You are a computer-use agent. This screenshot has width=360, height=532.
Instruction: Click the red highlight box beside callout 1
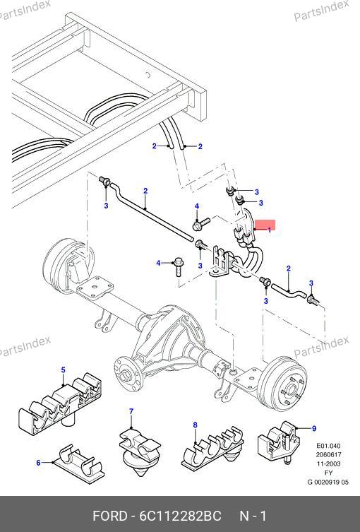[x=265, y=225]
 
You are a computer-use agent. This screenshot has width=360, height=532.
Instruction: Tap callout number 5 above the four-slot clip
[x=64, y=370]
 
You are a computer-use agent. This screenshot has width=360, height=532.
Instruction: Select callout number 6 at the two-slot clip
[x=38, y=463]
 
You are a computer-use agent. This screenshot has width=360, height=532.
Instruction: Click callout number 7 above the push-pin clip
[x=131, y=412]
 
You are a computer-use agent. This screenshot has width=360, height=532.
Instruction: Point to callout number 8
[x=195, y=425]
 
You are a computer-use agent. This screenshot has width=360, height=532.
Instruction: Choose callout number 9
[x=314, y=429]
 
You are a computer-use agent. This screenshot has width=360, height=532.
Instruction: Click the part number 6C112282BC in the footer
[x=180, y=516]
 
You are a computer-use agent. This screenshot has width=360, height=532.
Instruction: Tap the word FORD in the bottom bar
[x=109, y=516]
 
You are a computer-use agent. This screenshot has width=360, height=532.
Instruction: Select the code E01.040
[x=328, y=446]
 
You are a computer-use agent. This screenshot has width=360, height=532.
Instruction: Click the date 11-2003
[x=328, y=463]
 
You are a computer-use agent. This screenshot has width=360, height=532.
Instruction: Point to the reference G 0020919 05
[x=328, y=482]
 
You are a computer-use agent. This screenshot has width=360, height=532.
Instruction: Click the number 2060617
[x=328, y=455]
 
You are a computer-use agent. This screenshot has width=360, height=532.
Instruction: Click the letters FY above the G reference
[x=328, y=473]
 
